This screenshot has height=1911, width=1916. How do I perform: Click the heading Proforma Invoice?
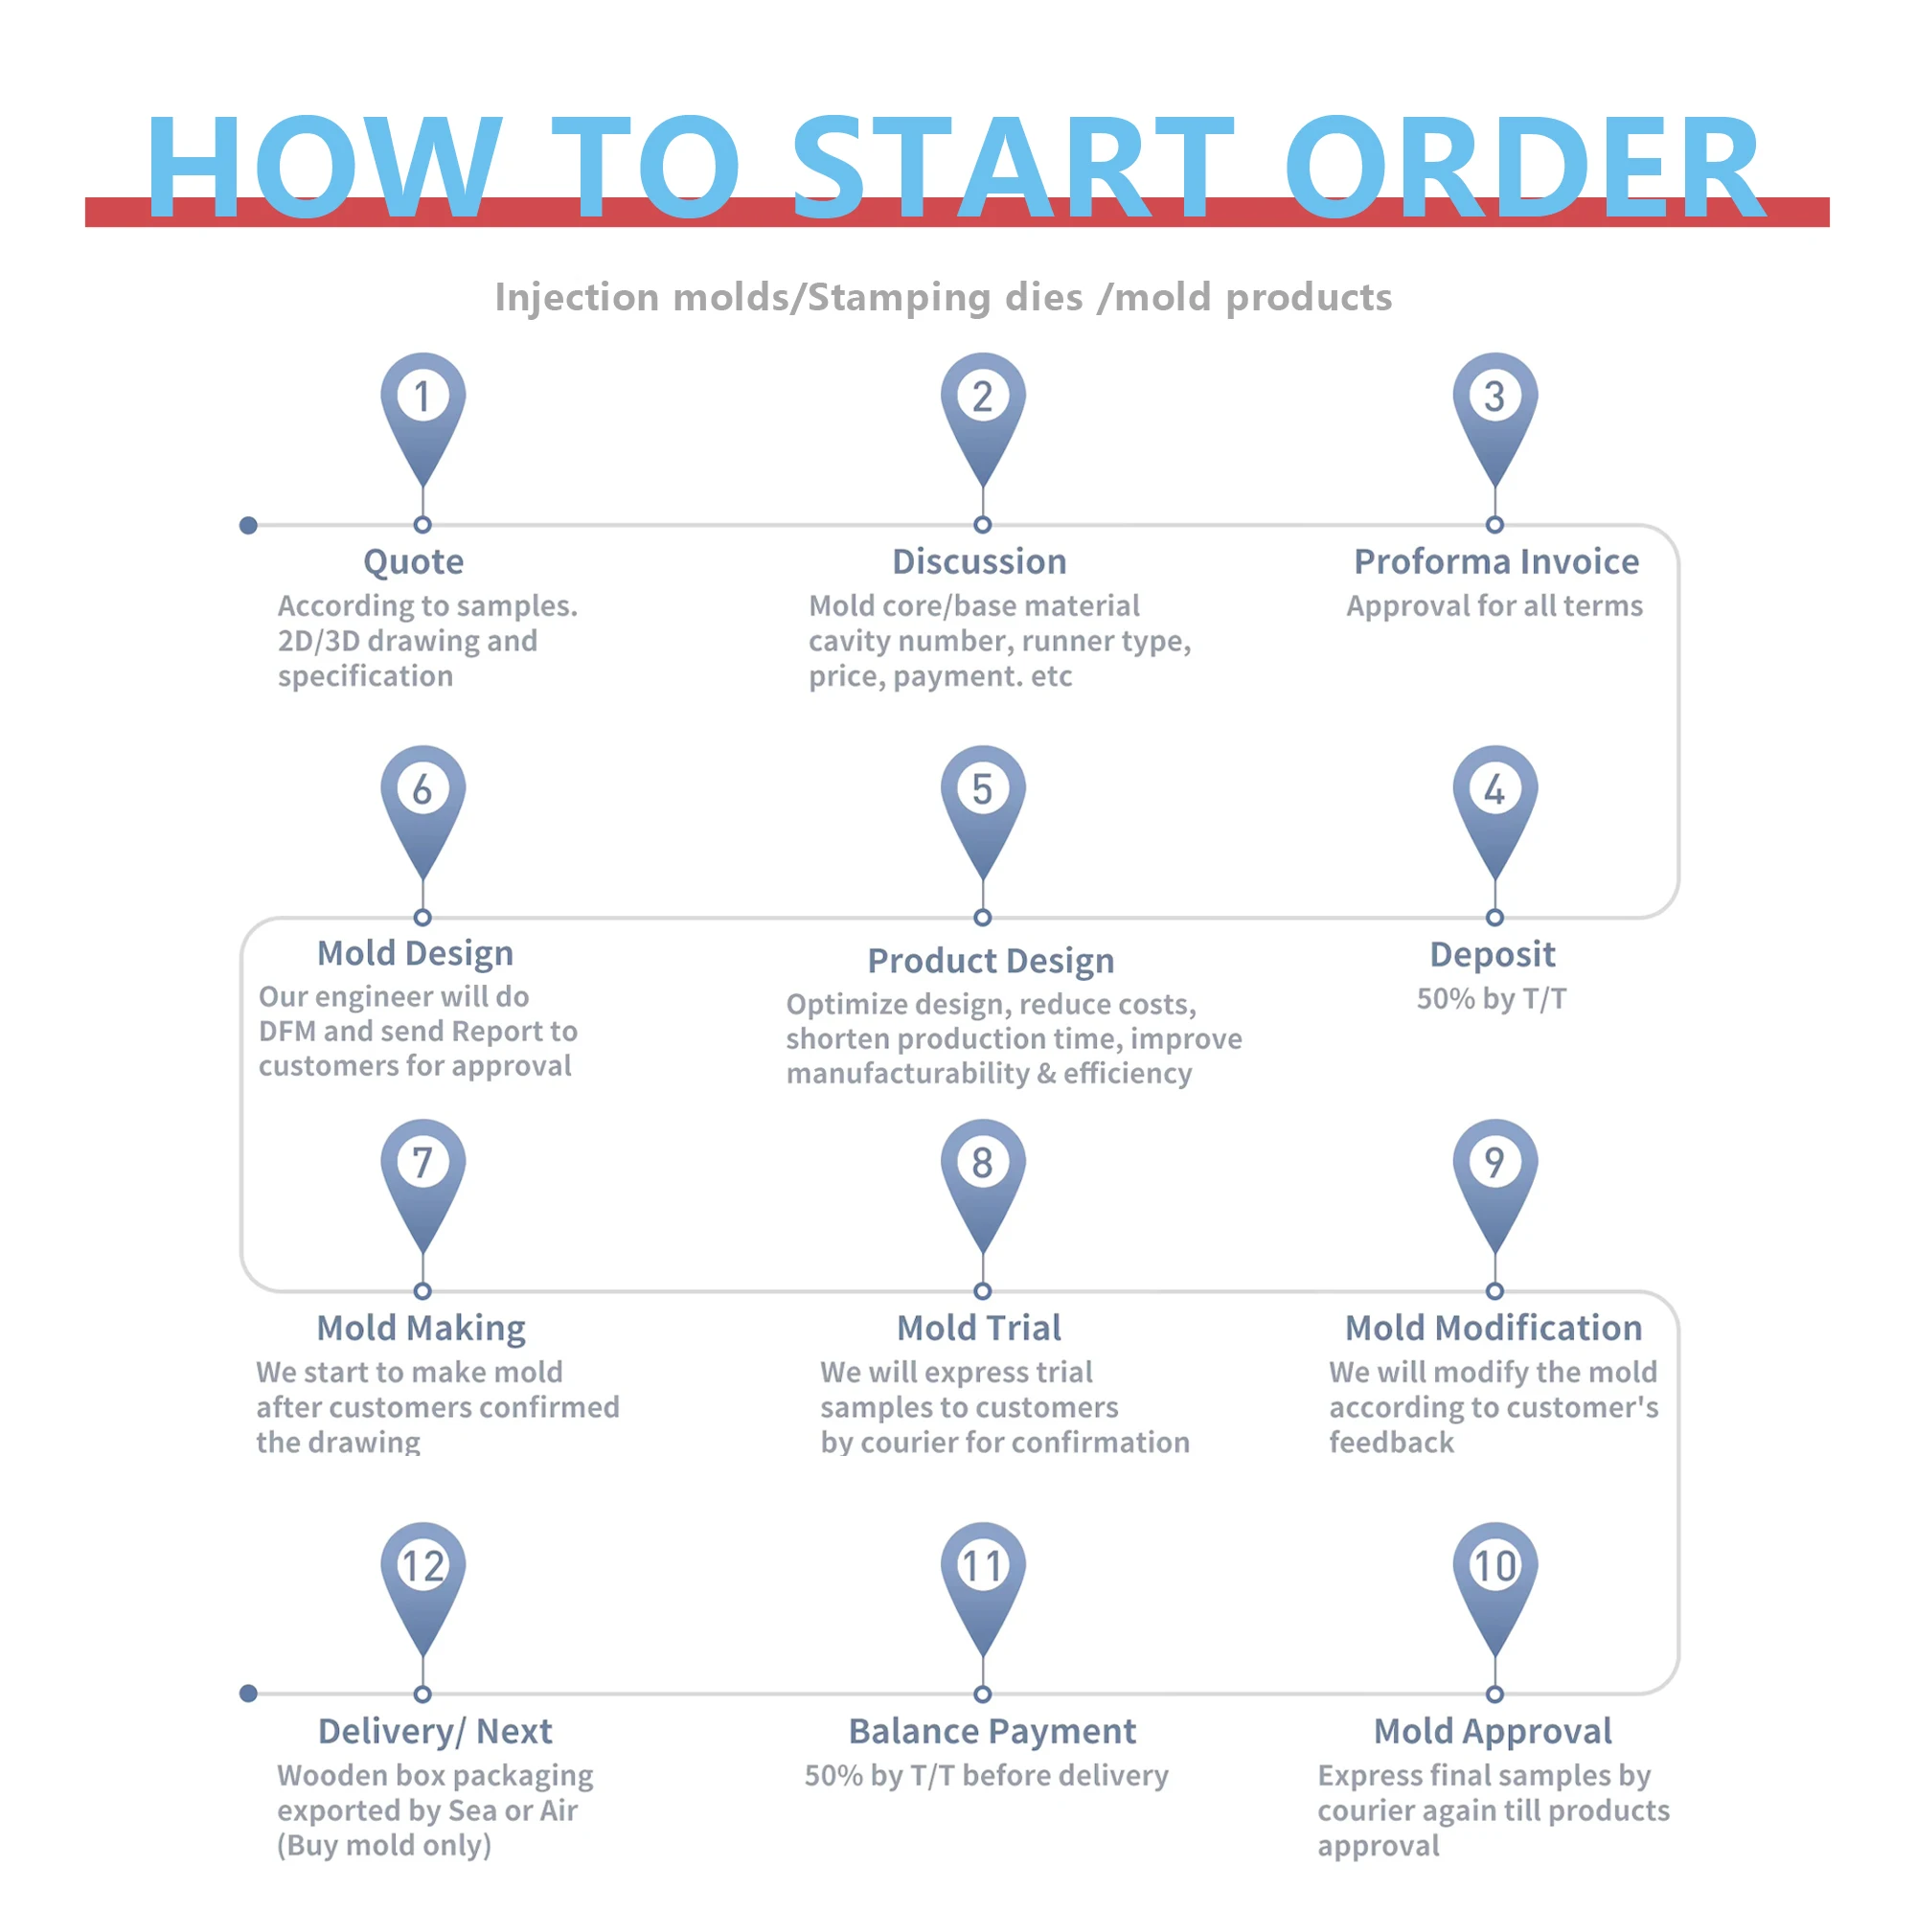pyautogui.click(x=1495, y=561)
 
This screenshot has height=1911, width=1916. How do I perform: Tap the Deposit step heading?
pyautogui.click(x=1492, y=954)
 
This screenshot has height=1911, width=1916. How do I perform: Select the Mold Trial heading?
pyautogui.click(x=979, y=1328)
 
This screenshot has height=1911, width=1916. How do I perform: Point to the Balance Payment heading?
pyautogui.click(x=992, y=1732)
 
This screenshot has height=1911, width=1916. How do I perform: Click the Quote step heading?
pyautogui.click(x=414, y=561)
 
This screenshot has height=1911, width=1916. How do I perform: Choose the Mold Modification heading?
pyautogui.click(x=1493, y=1328)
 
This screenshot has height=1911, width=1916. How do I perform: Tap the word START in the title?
pyautogui.click(x=1012, y=167)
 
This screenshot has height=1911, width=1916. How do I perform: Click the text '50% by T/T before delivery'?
pyautogui.click(x=986, y=1776)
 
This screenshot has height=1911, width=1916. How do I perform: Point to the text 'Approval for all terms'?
pyautogui.click(x=1494, y=606)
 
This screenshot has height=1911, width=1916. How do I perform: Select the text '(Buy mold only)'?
pyautogui.click(x=384, y=1846)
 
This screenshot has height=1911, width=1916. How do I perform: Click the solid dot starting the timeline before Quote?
pyautogui.click(x=249, y=526)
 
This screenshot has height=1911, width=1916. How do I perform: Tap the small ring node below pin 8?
pyautogui.click(x=982, y=1291)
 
